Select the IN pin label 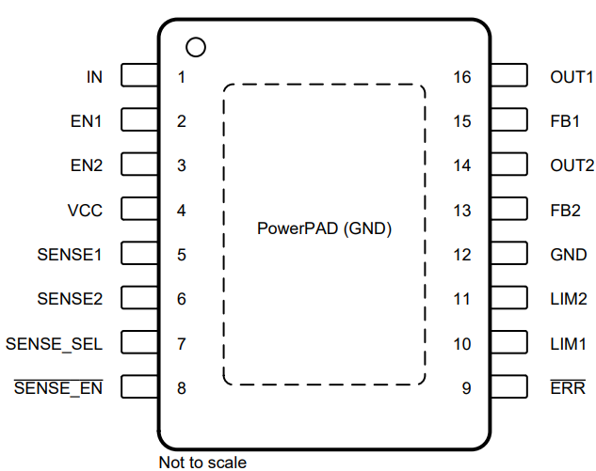point(94,77)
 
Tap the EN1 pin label point(87,121)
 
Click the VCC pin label point(85,211)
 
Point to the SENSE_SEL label point(54,344)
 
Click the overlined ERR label point(567,388)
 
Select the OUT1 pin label point(572,77)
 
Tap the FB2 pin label point(566,211)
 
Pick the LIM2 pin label point(569,299)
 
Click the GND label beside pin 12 point(568,255)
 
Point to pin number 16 point(461,77)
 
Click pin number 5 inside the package point(181,255)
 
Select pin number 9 point(465,388)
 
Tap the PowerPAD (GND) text point(324,228)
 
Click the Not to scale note point(202,462)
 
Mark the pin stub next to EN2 point(139,165)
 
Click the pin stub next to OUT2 point(508,165)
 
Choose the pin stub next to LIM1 point(508,343)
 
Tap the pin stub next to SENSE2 point(139,299)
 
